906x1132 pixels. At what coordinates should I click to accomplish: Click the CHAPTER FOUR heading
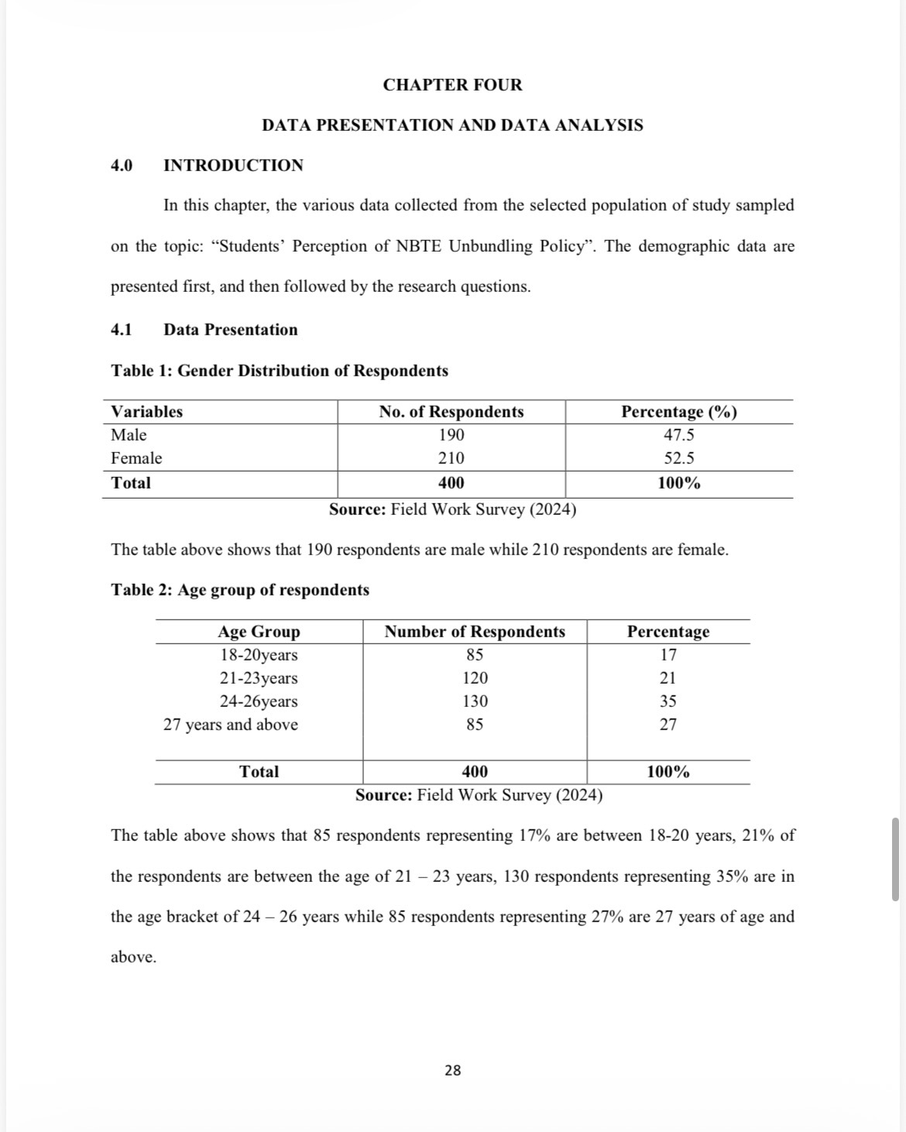(x=452, y=85)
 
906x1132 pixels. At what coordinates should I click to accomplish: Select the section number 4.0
(x=122, y=165)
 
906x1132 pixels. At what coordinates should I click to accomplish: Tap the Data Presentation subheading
(x=230, y=330)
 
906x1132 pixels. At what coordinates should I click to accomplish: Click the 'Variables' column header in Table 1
(x=147, y=412)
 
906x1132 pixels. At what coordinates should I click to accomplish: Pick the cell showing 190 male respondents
(x=451, y=435)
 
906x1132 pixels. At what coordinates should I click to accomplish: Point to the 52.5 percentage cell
(x=679, y=458)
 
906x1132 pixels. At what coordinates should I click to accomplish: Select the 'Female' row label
(x=136, y=458)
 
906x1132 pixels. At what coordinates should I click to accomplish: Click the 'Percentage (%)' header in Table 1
(x=679, y=412)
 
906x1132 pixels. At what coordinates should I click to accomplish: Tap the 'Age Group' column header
(x=259, y=632)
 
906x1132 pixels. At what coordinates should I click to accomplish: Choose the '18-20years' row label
(x=259, y=655)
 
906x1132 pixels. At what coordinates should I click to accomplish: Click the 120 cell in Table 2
(x=475, y=678)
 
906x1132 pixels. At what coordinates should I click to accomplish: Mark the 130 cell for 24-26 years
(x=475, y=701)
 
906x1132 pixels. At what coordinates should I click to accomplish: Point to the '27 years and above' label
(x=230, y=725)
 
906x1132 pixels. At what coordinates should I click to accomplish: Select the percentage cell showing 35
(x=667, y=701)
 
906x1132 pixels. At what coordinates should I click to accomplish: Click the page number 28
(x=453, y=1070)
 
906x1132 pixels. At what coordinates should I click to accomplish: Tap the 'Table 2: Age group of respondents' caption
(x=240, y=590)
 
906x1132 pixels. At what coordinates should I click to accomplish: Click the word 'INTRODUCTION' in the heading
(x=233, y=165)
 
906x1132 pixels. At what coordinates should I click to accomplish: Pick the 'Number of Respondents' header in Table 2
(x=475, y=632)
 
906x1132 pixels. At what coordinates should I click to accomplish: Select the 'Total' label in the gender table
(x=131, y=483)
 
